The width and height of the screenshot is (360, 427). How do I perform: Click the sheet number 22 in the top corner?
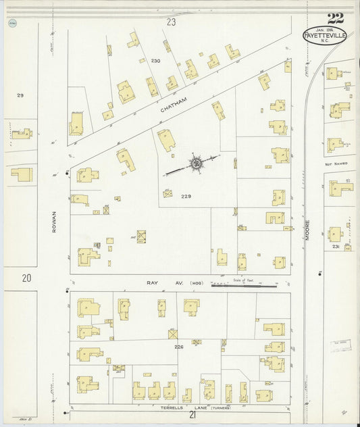pos(334,18)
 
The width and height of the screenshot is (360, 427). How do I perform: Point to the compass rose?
pos(195,162)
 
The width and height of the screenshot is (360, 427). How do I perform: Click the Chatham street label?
pos(172,105)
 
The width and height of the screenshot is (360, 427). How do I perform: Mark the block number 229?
pos(186,197)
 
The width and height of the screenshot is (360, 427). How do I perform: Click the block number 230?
pos(156,61)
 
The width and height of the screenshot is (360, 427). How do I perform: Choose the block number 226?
pos(178,347)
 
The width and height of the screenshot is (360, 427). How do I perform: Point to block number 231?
pos(337,247)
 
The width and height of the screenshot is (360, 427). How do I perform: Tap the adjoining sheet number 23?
pos(171,22)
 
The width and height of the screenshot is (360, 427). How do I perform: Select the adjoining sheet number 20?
pos(26,278)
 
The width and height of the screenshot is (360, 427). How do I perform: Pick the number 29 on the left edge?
pos(20,95)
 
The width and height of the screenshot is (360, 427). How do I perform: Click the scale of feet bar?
pos(244,286)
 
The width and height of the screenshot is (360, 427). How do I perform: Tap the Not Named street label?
pos(336,164)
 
